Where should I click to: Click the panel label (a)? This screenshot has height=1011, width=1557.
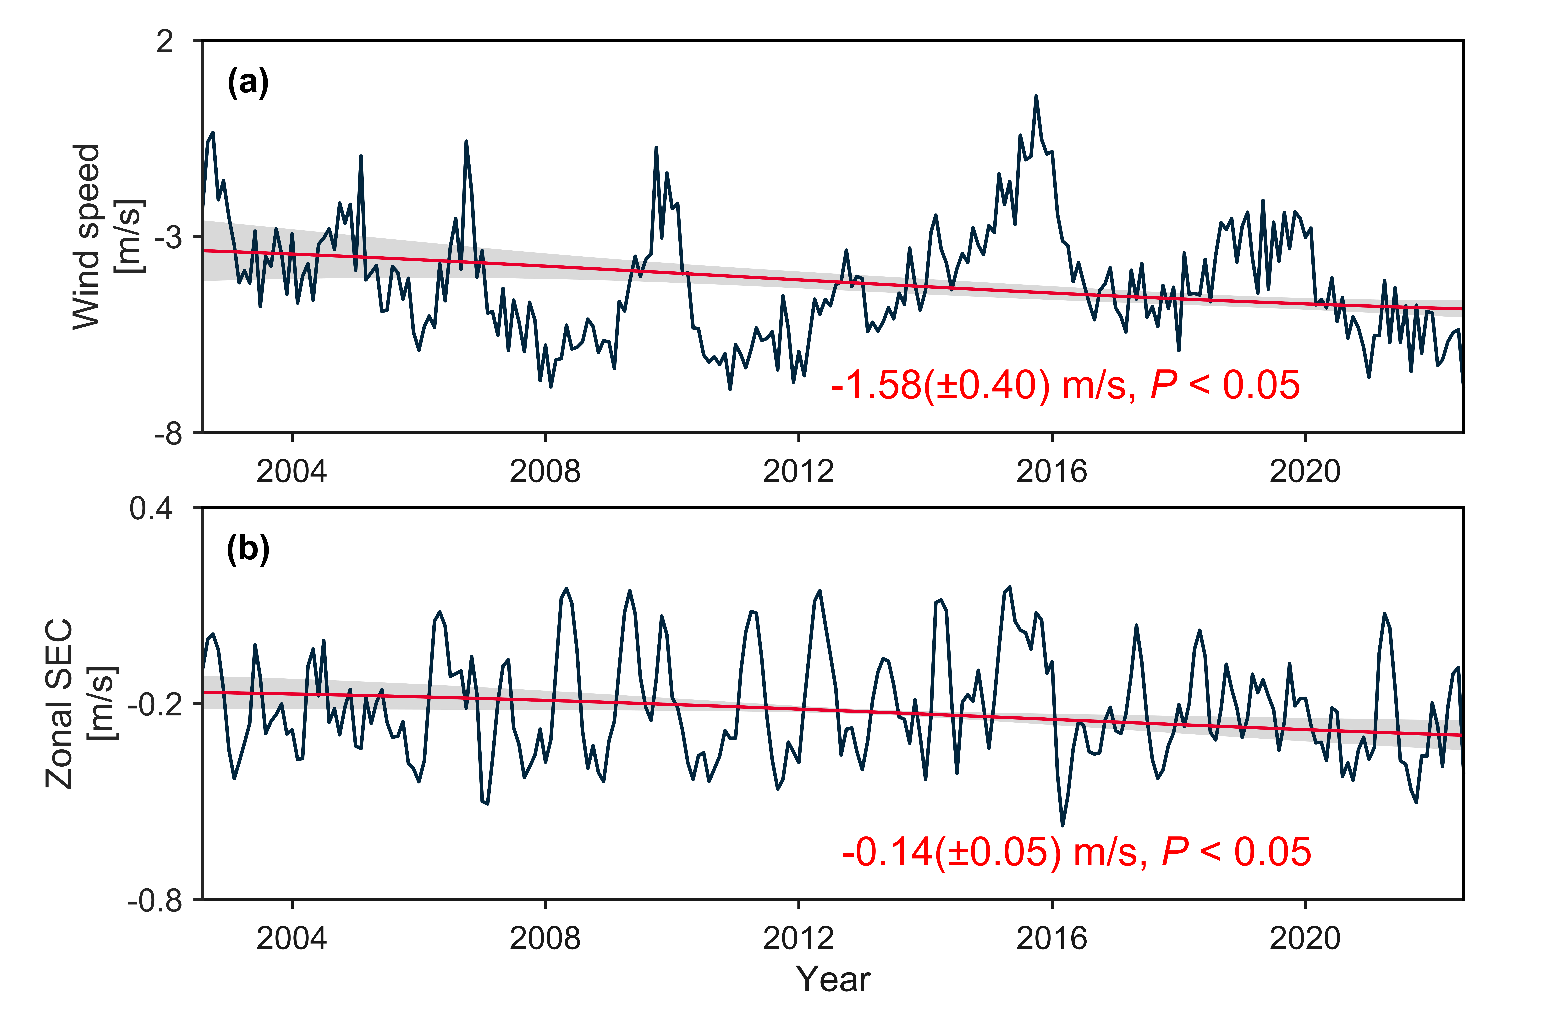247,83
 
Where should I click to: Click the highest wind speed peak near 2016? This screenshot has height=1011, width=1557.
1036,97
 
